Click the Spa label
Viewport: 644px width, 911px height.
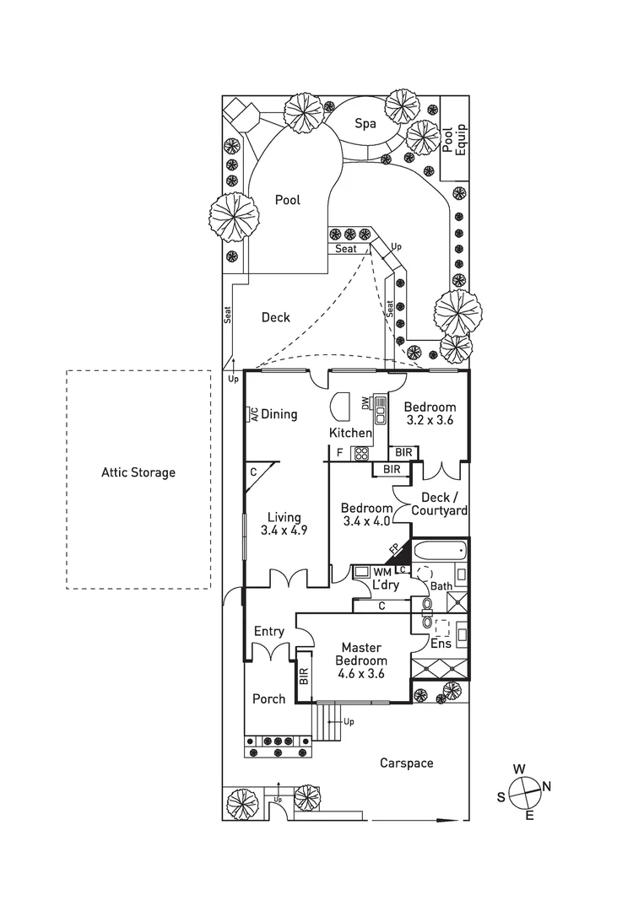point(365,124)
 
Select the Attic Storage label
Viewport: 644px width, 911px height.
point(138,472)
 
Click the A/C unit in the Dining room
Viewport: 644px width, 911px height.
point(252,414)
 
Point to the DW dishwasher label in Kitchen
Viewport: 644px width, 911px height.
point(366,404)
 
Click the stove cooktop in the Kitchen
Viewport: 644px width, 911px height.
point(361,453)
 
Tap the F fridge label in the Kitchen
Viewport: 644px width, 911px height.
point(339,453)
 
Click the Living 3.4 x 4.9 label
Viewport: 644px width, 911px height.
point(284,524)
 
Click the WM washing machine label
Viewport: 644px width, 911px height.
point(382,571)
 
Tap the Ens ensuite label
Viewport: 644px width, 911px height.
point(441,644)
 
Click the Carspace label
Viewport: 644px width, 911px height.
point(406,763)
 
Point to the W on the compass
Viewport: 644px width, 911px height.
point(521,768)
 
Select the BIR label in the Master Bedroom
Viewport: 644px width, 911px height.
point(304,677)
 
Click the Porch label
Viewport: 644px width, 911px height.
point(269,698)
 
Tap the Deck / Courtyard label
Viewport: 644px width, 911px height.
point(439,504)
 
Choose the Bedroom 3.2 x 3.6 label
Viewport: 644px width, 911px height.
point(429,413)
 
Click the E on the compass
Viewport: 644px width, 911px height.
point(529,816)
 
